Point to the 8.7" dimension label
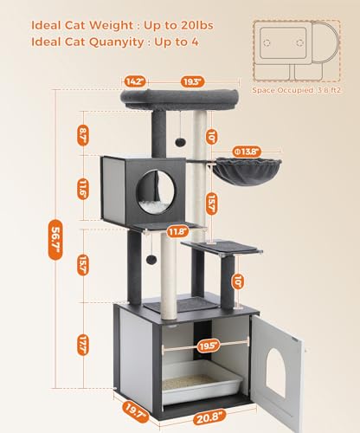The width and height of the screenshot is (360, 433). pos(83,134)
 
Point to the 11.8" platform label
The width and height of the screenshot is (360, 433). pos(177,231)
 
